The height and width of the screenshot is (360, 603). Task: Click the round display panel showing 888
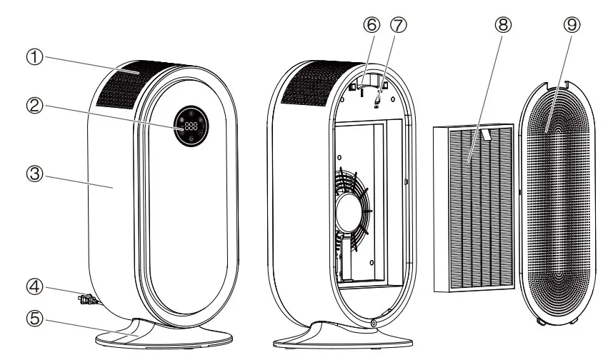(191, 127)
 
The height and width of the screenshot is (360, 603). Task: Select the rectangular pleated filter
(473, 207)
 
